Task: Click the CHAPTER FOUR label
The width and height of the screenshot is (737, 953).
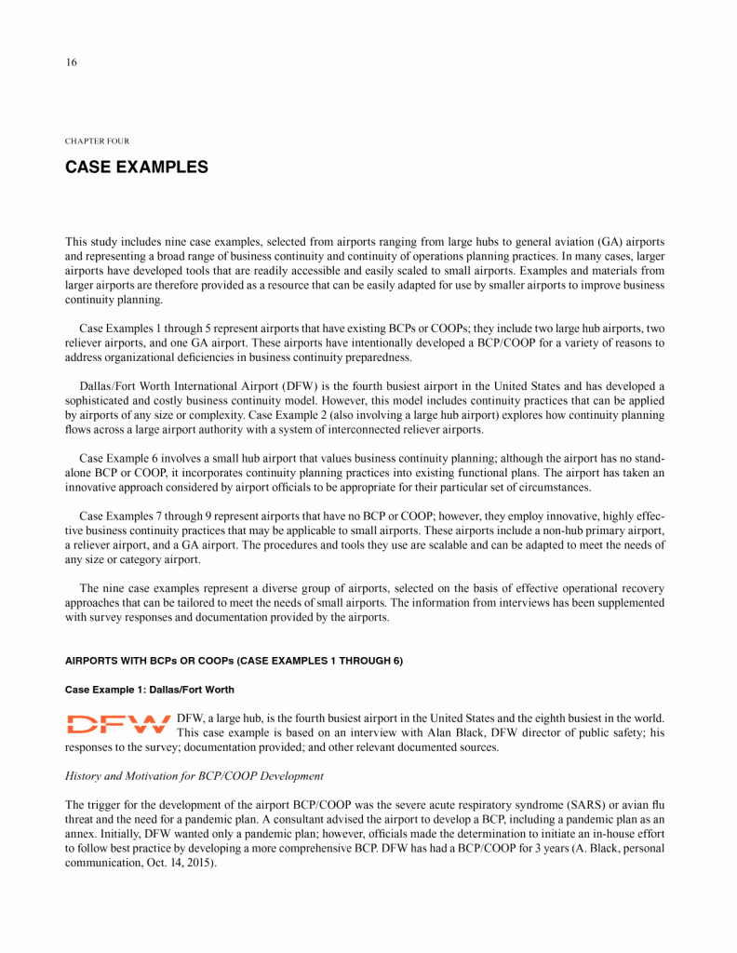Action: [97, 141]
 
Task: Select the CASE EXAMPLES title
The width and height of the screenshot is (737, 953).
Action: [136, 168]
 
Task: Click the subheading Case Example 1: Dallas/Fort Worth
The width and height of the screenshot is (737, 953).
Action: [149, 690]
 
